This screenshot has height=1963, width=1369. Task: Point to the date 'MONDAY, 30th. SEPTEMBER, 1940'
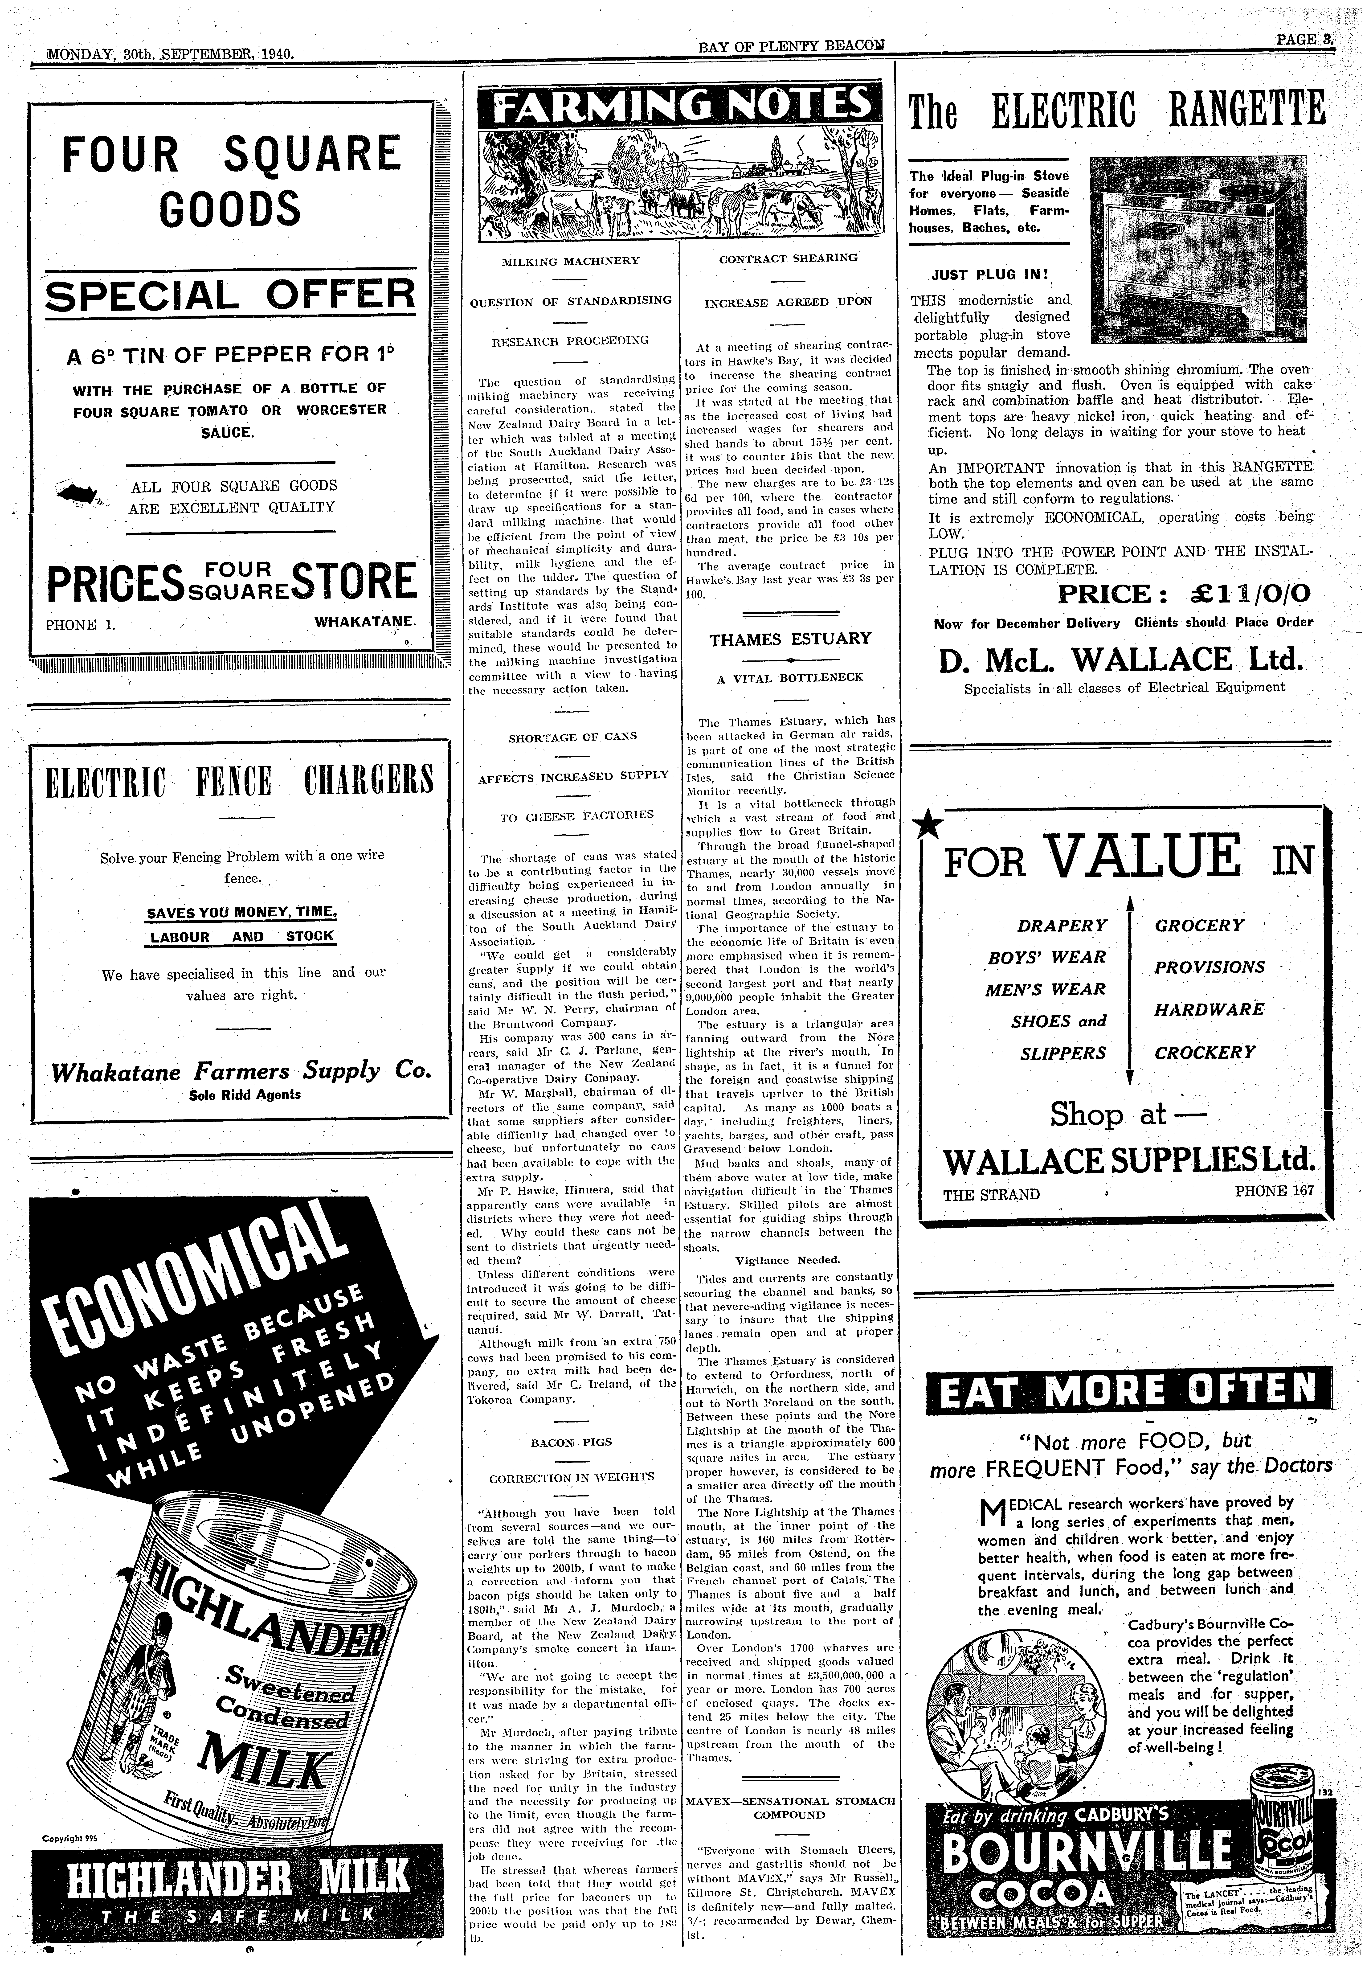click(170, 53)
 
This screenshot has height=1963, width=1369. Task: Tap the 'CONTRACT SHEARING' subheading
click(788, 257)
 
